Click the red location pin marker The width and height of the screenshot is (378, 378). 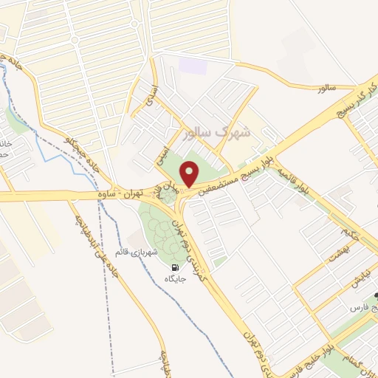(190, 174)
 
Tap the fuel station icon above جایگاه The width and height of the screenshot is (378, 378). (174, 267)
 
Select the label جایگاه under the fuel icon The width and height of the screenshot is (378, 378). (174, 279)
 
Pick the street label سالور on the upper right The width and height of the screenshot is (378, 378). (326, 88)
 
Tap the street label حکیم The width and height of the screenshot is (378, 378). (345, 235)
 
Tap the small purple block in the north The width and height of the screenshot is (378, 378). (191, 65)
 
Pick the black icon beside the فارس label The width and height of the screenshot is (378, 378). (374, 295)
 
